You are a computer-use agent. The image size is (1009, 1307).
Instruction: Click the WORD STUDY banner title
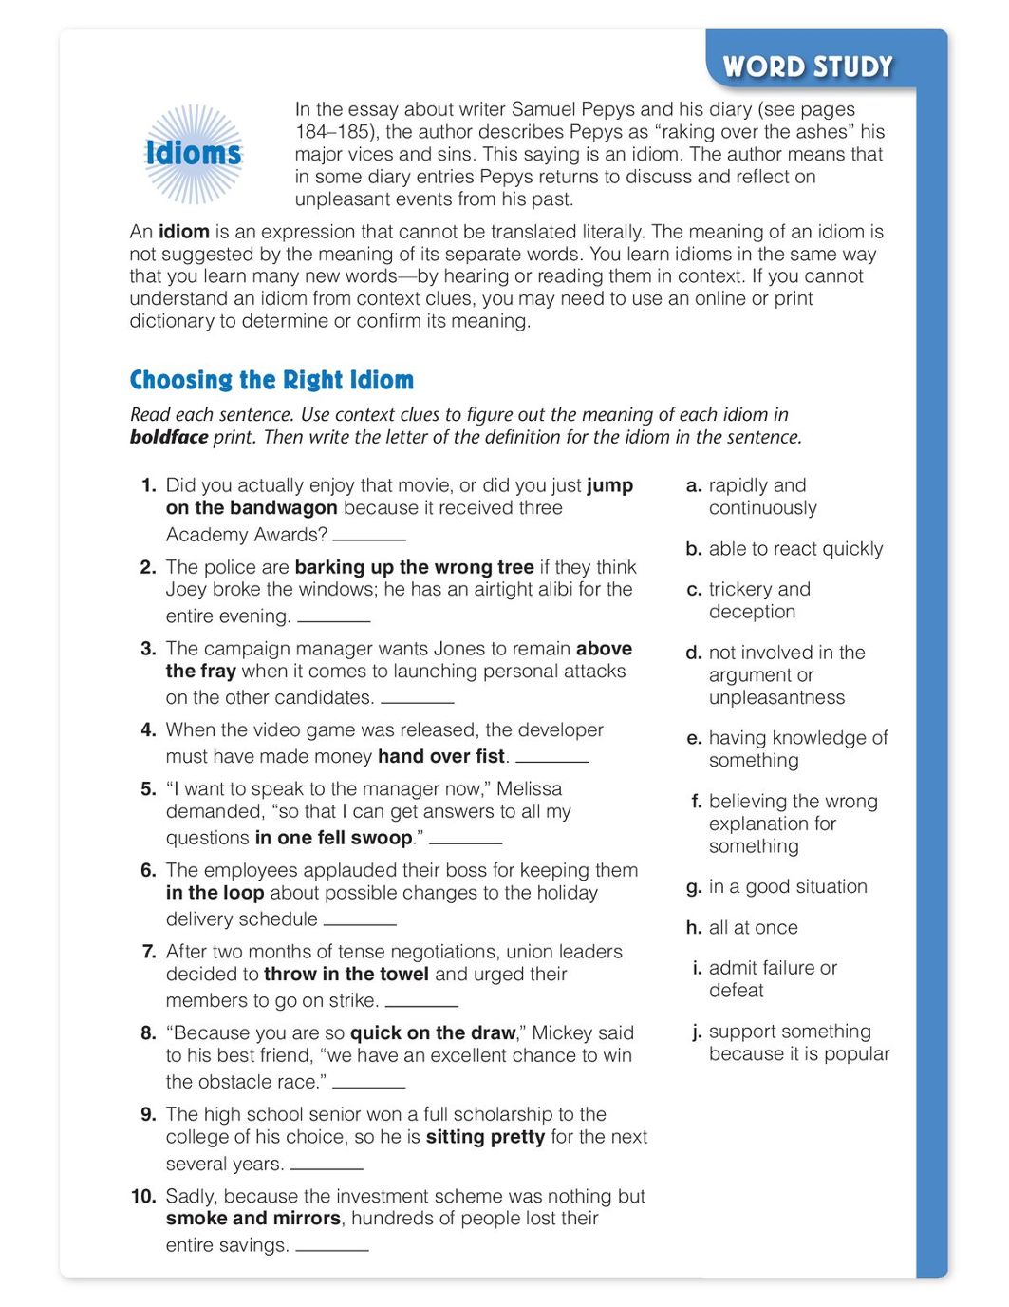[x=808, y=66]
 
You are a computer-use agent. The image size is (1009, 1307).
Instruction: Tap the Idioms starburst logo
[x=194, y=153]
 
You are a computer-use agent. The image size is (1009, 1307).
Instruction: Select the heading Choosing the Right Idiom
[x=271, y=380]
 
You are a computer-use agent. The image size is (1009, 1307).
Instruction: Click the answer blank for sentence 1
[x=369, y=537]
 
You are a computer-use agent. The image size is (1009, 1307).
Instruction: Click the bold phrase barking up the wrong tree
[x=414, y=567]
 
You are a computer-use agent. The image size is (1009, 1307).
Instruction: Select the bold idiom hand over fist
[x=441, y=756]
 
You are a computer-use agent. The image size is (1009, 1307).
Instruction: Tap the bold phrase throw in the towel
[x=346, y=974]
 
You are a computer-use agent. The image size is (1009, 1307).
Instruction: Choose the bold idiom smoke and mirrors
[x=252, y=1218]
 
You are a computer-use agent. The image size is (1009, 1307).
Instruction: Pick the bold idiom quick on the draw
[x=433, y=1032]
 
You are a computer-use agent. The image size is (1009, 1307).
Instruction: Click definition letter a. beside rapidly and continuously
[x=694, y=485]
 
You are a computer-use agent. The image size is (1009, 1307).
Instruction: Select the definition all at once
[x=753, y=927]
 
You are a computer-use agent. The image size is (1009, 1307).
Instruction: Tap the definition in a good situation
[x=787, y=886]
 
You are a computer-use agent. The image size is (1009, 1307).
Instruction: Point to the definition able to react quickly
[x=795, y=548]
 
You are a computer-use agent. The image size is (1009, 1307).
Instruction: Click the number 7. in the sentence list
[x=148, y=951]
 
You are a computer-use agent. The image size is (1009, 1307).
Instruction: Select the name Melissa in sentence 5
[x=529, y=788]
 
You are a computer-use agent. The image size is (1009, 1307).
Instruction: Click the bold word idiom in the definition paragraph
[x=183, y=231]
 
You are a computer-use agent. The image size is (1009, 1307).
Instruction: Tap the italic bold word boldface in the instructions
[x=169, y=437]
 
